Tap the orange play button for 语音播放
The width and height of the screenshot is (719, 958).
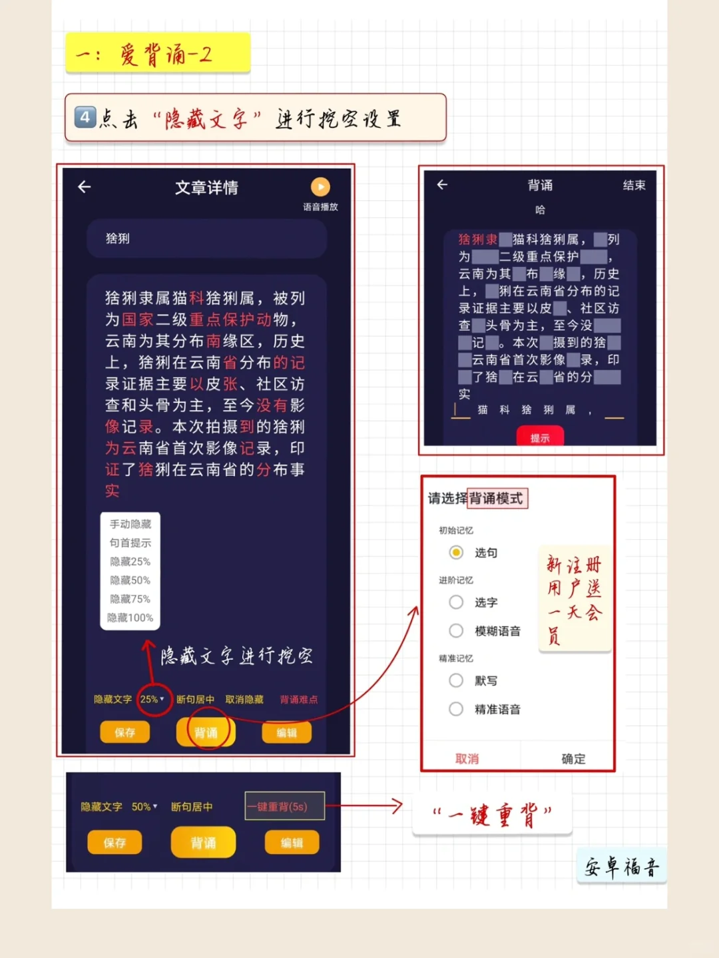(x=320, y=186)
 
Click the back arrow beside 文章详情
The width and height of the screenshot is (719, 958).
(x=85, y=187)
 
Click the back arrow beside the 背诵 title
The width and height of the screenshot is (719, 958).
(x=442, y=184)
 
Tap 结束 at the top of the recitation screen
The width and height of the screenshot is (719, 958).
(x=634, y=185)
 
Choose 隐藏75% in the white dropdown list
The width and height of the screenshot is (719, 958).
(x=130, y=599)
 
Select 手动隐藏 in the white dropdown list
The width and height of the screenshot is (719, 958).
(x=130, y=524)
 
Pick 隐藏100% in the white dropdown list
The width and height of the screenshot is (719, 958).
(x=130, y=617)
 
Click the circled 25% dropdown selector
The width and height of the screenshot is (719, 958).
(x=152, y=699)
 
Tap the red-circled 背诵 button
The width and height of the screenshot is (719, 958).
(x=206, y=732)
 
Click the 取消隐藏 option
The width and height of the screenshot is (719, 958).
(x=244, y=699)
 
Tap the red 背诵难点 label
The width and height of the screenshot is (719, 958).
(x=299, y=699)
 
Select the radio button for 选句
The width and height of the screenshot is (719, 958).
(x=456, y=553)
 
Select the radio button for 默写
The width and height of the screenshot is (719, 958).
(x=456, y=680)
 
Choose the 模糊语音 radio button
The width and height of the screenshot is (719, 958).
(x=456, y=630)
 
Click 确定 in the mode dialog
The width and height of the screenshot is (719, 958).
(x=573, y=758)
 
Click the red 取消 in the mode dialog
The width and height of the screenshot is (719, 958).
(x=467, y=758)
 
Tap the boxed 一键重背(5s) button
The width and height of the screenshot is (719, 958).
(x=284, y=806)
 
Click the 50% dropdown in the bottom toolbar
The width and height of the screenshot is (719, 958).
(x=144, y=806)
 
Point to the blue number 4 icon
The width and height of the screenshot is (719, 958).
(x=85, y=118)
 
